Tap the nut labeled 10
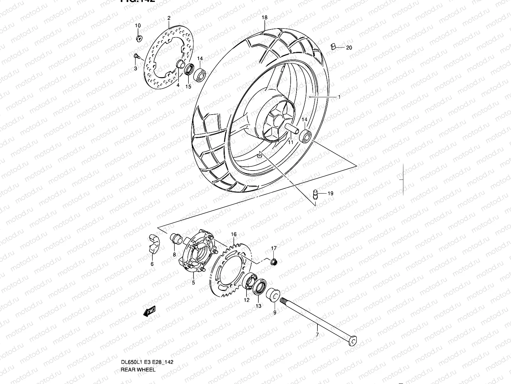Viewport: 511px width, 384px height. [139, 38]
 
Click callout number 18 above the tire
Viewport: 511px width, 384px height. [264, 18]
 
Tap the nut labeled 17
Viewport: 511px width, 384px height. [274, 262]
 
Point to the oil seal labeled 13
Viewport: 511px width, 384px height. [259, 286]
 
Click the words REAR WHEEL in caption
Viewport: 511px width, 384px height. [138, 370]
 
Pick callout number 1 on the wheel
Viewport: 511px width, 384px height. [339, 97]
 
